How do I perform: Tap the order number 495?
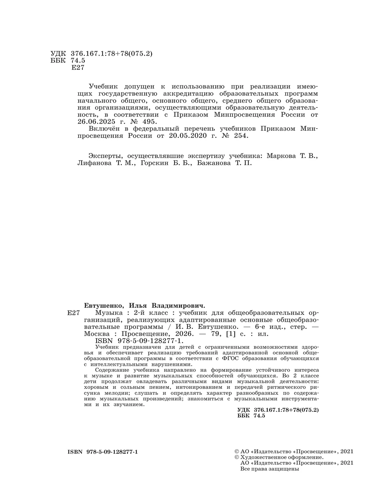coord(149,121)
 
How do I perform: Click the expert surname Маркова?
coord(281,156)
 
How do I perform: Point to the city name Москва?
coord(97,334)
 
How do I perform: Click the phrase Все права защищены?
coord(269,469)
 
